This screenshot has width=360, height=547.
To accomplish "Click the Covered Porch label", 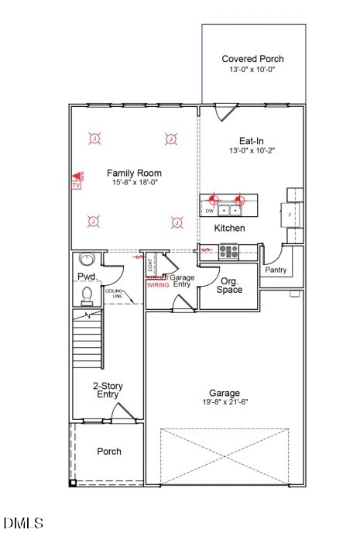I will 252,59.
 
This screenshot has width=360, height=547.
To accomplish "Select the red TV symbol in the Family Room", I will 77,181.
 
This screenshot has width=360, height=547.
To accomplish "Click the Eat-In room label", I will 252,141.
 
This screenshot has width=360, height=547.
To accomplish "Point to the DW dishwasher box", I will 209,210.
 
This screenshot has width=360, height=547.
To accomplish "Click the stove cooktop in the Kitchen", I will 228,250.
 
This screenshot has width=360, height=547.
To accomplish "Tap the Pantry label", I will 276,270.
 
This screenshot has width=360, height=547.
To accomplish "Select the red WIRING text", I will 158,285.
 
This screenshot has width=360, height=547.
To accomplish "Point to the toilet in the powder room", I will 87,294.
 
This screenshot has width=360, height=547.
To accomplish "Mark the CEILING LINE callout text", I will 113,294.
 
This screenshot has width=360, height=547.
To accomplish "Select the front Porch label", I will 108,452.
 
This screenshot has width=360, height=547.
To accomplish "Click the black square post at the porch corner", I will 73,483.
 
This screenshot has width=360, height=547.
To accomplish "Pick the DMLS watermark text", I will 23,524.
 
